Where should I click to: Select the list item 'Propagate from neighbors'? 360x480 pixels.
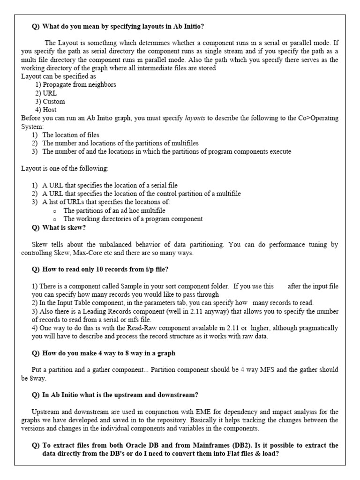(79, 85)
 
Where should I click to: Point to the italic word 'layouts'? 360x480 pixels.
(195, 119)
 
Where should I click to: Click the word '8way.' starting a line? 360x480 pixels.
(31, 378)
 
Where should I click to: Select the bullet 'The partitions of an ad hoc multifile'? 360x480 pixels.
(114, 211)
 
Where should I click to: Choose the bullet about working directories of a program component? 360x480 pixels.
(133, 219)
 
